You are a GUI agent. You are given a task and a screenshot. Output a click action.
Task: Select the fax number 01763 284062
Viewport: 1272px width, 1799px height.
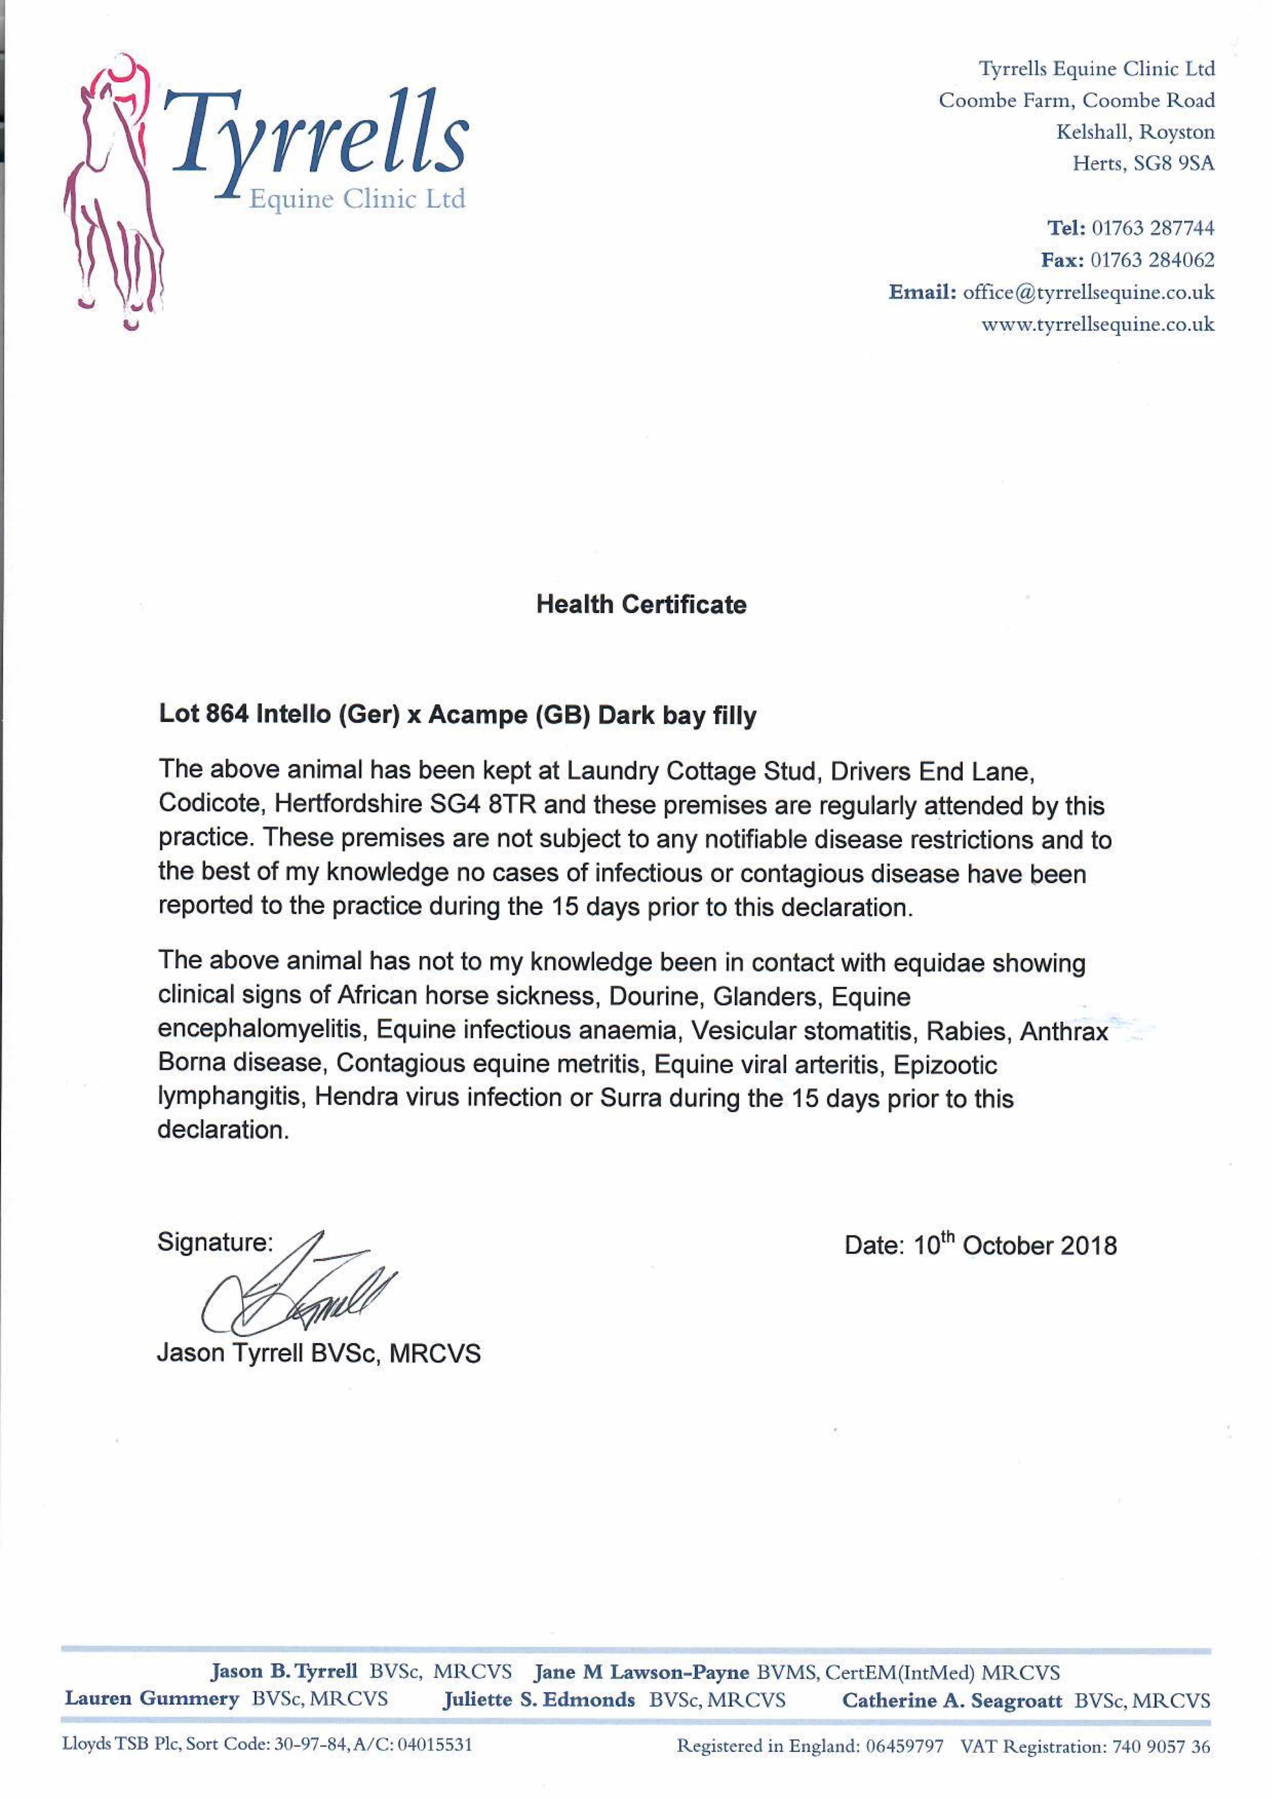tap(1153, 260)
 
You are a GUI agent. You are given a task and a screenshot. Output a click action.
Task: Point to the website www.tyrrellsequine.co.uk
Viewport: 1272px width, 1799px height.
tap(1098, 325)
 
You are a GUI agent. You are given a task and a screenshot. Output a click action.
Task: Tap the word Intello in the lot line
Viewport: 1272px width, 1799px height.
tap(293, 715)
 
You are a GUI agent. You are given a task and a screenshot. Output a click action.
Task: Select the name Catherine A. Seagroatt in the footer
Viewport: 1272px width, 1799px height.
tap(952, 1700)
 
